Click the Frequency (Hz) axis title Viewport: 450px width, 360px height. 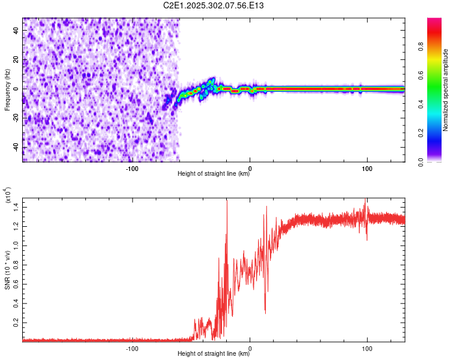coord(7,89)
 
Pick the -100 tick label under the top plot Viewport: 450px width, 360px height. coord(133,167)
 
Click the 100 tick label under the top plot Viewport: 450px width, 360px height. coord(367,167)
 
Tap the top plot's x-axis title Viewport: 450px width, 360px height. coord(214,174)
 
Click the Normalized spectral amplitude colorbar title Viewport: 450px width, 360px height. coord(446,90)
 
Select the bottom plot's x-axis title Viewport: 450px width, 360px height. coord(214,353)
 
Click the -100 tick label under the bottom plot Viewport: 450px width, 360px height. coord(133,347)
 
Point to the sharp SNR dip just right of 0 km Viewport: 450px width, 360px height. coord(265,311)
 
